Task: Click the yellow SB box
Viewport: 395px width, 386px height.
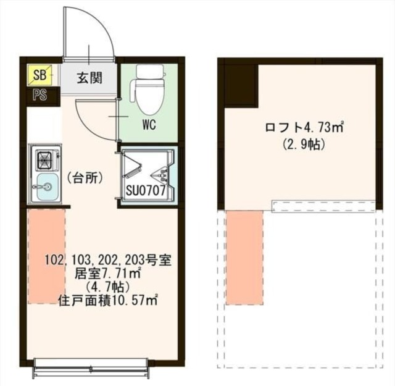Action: pos(40,76)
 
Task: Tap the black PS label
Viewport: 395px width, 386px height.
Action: pos(40,95)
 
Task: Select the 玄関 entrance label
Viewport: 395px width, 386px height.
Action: pos(89,78)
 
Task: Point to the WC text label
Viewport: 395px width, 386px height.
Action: pos(149,125)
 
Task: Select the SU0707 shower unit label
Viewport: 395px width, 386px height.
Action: pos(146,191)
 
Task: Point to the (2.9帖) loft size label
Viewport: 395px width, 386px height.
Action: pos(304,146)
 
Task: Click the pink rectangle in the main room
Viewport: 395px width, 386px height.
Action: pos(46,256)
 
